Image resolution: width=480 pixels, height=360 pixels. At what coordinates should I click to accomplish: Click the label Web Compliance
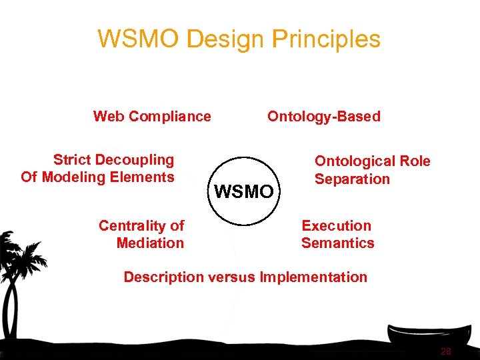point(152,117)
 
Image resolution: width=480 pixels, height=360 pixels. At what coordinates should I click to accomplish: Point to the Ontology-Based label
point(324,117)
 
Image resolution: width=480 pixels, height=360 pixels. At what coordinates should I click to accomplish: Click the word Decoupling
point(135,160)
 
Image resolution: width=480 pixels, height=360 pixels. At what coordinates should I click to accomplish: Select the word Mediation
point(150,243)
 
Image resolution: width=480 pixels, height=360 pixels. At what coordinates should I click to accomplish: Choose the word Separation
point(352,179)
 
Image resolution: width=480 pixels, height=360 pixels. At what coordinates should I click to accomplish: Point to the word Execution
point(337,226)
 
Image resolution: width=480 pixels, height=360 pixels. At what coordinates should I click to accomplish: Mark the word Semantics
point(338,243)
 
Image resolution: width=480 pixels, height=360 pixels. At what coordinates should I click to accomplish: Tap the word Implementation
point(314,277)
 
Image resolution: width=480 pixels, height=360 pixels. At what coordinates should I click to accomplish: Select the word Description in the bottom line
point(164,277)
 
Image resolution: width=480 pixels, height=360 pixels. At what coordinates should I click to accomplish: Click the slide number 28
point(445,351)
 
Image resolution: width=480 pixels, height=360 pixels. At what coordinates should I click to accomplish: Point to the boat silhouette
point(427,333)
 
